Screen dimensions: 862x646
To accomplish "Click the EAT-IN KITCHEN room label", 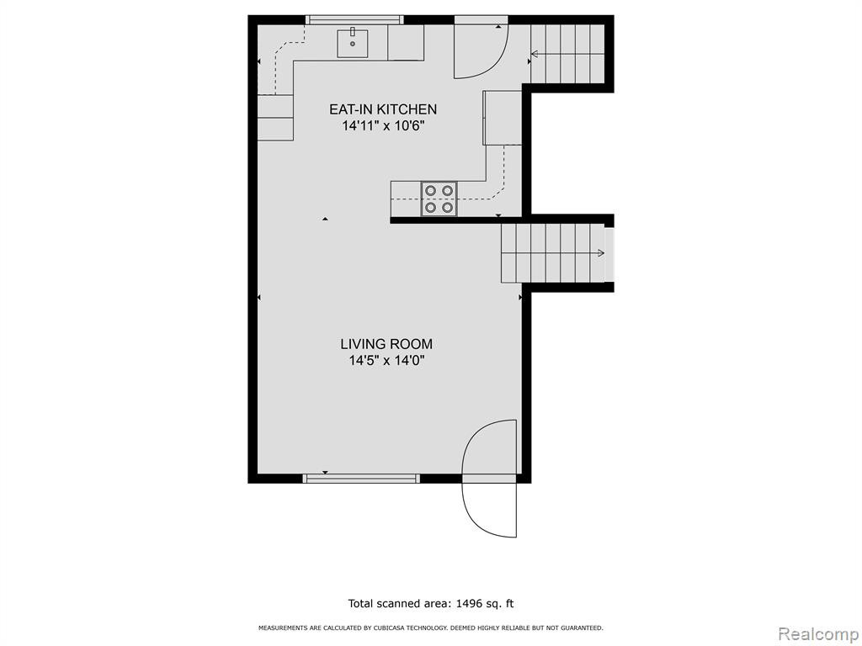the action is coord(383,109).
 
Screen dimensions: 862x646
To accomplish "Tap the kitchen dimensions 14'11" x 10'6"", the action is coord(383,126).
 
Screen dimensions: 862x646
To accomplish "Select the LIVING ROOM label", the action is coord(386,344).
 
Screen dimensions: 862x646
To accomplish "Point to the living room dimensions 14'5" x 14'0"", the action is coord(387,361).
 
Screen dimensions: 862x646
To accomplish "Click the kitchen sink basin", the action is coord(353,44).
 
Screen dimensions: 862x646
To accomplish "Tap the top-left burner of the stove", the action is coord(431,191).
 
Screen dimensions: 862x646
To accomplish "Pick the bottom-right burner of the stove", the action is coord(448,207).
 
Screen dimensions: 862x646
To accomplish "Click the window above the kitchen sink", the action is coord(354,20).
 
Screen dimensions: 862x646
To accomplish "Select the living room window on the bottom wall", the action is coord(361,479).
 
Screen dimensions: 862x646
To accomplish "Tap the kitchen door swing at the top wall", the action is coord(481,50).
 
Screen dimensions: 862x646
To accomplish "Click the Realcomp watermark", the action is coord(818,633).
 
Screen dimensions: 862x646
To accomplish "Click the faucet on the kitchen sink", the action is coord(353,33).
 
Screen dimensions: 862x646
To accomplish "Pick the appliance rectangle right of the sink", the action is coord(406,42).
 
